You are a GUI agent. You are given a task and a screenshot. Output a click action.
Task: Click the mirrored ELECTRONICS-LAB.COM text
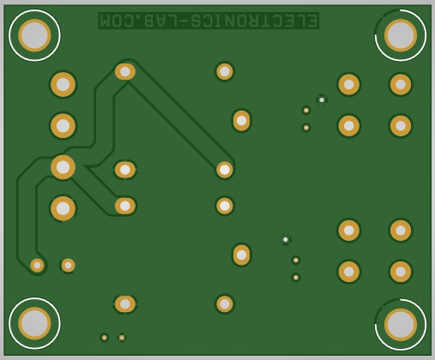pyautogui.click(x=208, y=21)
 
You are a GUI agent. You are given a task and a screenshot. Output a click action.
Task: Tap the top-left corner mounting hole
pyautogui.click(x=34, y=35)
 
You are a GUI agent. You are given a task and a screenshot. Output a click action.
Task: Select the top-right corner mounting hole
pyautogui.click(x=401, y=35)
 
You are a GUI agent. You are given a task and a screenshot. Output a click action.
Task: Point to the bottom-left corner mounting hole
pyautogui.click(x=34, y=323)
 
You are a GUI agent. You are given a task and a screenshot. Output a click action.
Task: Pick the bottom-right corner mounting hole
pyautogui.click(x=401, y=325)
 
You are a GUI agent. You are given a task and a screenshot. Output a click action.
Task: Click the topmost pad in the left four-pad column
pyautogui.click(x=63, y=85)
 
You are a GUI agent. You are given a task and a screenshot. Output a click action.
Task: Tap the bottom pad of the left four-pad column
pyautogui.click(x=63, y=208)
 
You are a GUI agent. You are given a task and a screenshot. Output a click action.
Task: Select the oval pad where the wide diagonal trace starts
pyautogui.click(x=125, y=71)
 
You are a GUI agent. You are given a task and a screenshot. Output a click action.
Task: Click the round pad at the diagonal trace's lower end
pyautogui.click(x=225, y=170)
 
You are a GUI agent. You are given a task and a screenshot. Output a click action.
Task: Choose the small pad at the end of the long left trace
pyautogui.click(x=37, y=266)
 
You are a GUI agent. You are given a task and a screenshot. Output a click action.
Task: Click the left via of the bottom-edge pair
pyautogui.click(x=105, y=338)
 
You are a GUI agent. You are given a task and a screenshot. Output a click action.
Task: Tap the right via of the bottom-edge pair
pyautogui.click(x=122, y=338)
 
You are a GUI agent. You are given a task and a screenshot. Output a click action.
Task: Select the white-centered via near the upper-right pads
pyautogui.click(x=322, y=99)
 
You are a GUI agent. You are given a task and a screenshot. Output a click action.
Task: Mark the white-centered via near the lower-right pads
pyautogui.click(x=286, y=239)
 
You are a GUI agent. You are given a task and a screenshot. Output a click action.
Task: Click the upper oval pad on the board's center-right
pyautogui.click(x=241, y=121)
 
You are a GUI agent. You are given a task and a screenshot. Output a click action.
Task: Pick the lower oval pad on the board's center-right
pyautogui.click(x=241, y=255)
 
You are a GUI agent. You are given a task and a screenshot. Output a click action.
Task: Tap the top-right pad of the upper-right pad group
pyautogui.click(x=401, y=84)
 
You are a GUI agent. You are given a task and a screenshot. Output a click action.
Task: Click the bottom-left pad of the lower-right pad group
pyautogui.click(x=349, y=272)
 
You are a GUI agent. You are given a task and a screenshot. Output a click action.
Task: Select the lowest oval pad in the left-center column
pyautogui.click(x=125, y=304)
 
